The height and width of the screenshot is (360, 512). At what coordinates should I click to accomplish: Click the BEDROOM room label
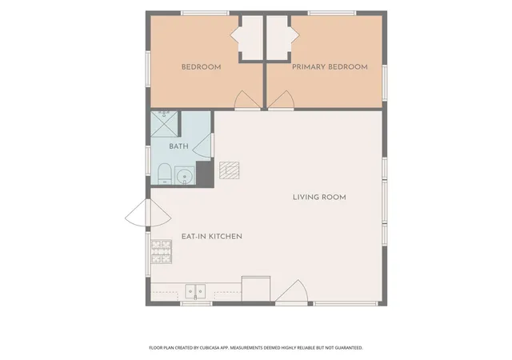pyautogui.click(x=201, y=67)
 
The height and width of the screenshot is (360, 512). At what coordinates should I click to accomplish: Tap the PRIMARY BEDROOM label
pyautogui.click(x=330, y=67)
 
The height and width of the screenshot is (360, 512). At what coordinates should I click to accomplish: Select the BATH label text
pyautogui.click(x=178, y=146)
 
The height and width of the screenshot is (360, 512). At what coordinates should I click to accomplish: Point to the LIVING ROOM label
pyautogui.click(x=319, y=197)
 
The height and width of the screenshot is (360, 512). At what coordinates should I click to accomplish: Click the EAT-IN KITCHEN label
pyautogui.click(x=212, y=236)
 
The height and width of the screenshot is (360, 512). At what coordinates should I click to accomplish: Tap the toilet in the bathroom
pyautogui.click(x=165, y=174)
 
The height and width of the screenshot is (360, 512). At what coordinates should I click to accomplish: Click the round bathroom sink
pyautogui.click(x=185, y=175)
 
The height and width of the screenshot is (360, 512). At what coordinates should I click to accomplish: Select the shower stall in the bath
pyautogui.click(x=164, y=124)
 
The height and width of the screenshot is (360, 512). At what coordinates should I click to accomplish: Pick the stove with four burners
pyautogui.click(x=162, y=251)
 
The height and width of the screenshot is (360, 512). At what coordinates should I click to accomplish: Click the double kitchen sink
pyautogui.click(x=195, y=291)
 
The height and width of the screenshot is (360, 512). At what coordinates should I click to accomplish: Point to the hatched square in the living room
pyautogui.click(x=230, y=170)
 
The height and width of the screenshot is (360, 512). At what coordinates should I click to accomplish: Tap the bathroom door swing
pyautogui.click(x=203, y=146)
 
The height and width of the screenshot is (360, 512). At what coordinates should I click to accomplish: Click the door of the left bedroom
pyautogui.click(x=247, y=100)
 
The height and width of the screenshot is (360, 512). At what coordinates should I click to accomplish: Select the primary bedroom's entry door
pyautogui.click(x=281, y=100)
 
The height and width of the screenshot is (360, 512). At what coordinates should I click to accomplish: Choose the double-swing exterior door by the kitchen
pyautogui.click(x=148, y=213)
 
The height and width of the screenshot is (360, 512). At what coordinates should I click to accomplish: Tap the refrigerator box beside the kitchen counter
pyautogui.click(x=256, y=289)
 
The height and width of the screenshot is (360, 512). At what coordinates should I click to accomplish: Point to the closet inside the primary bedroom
pyautogui.click(x=278, y=38)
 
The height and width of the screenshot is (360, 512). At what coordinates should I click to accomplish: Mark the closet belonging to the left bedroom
pyautogui.click(x=250, y=38)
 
